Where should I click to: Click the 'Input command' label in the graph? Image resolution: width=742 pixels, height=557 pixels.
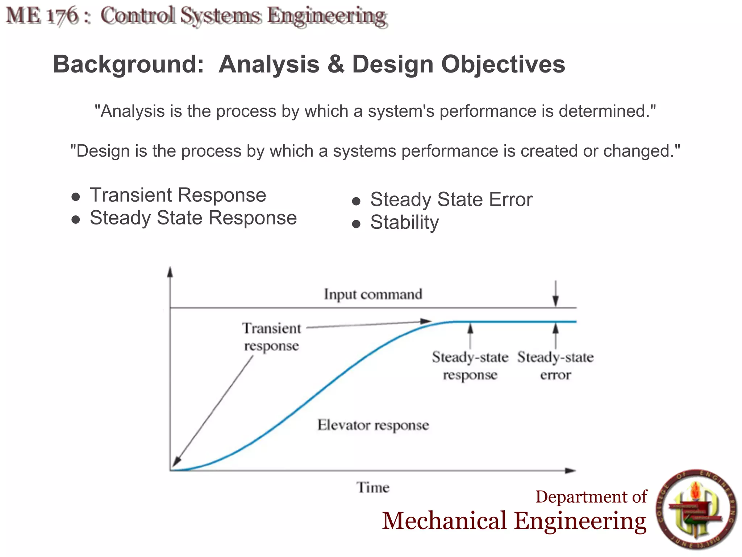[373, 294]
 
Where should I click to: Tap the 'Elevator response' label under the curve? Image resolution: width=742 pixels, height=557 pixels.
[373, 425]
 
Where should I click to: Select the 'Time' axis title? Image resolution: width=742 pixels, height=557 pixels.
[373, 487]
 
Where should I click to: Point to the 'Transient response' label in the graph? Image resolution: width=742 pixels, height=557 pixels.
[272, 337]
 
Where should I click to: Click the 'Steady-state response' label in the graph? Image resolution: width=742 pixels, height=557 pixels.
[470, 366]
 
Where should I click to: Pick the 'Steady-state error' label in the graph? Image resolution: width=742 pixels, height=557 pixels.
[555, 366]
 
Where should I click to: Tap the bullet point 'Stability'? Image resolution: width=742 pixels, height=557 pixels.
[404, 222]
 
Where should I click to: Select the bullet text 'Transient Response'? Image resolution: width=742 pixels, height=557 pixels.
[178, 195]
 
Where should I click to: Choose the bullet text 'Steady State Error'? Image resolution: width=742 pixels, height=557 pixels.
[451, 199]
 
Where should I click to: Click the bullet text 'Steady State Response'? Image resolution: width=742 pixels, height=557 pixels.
[193, 218]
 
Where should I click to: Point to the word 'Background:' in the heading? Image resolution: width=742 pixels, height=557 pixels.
[128, 64]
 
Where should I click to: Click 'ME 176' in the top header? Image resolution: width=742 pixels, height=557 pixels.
[42, 16]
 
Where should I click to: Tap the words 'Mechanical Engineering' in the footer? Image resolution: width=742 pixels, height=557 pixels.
[514, 521]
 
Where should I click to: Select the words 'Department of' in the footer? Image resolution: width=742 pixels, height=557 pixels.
[591, 496]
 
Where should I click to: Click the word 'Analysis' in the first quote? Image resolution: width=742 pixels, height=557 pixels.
[132, 111]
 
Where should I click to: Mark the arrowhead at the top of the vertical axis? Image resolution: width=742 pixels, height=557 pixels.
[170, 272]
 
